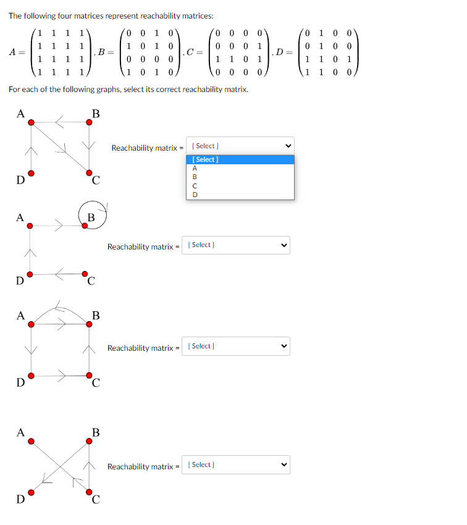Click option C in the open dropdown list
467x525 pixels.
tap(195, 185)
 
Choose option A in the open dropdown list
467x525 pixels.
tap(195, 168)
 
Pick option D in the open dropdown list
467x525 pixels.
tap(195, 194)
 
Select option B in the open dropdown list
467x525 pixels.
tap(195, 177)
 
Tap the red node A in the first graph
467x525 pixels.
tap(32, 122)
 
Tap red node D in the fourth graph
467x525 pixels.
tap(32, 492)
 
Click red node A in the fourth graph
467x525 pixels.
tap(32, 441)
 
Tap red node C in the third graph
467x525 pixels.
tap(90, 374)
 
